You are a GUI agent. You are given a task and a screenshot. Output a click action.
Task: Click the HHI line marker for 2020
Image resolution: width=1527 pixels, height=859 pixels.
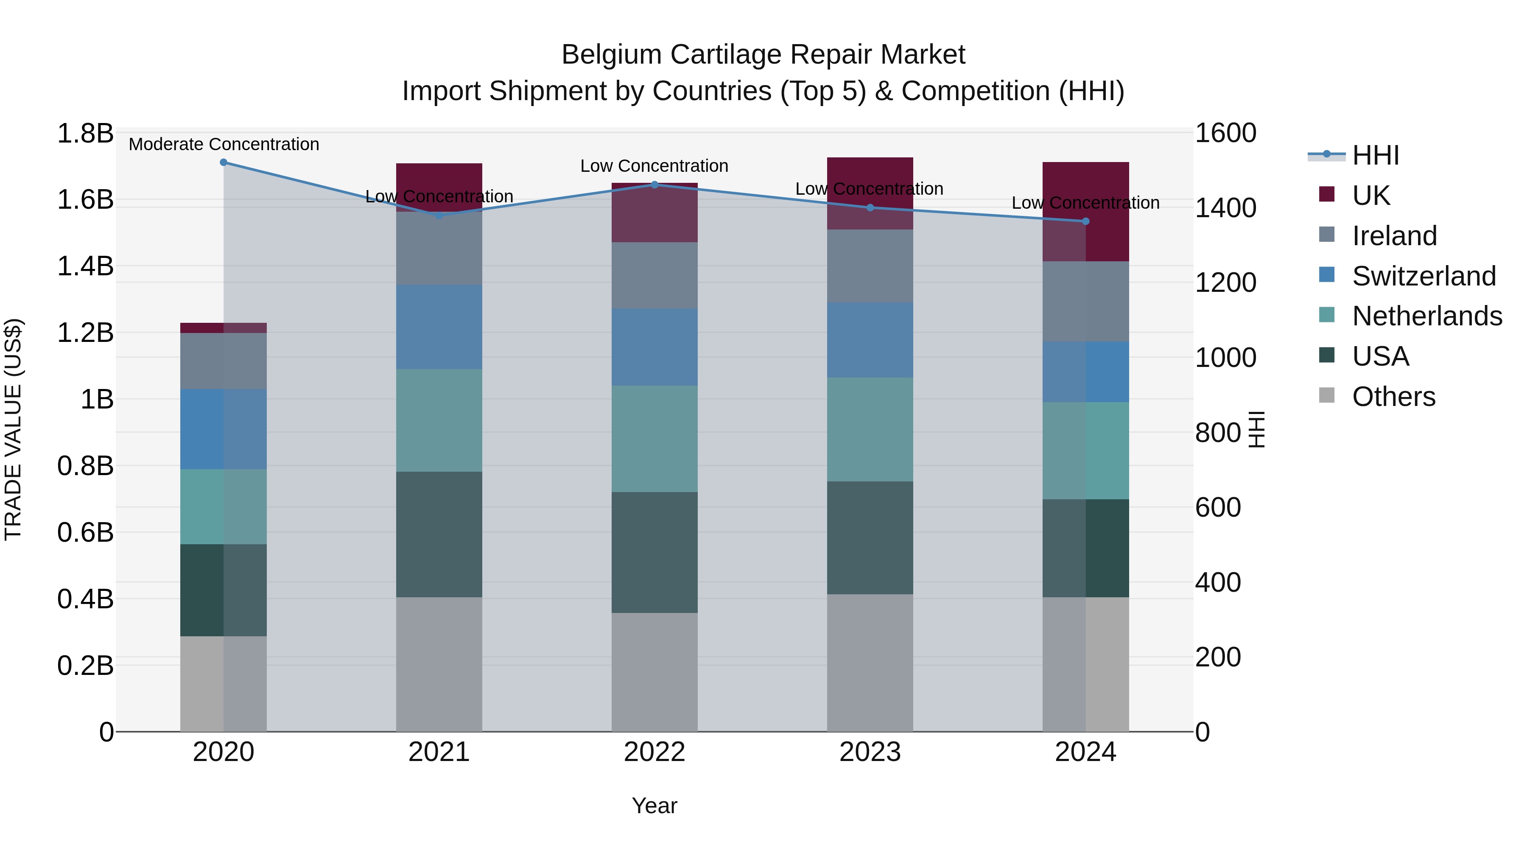click(x=224, y=162)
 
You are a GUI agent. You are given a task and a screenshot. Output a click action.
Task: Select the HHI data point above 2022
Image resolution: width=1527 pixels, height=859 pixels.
click(x=654, y=185)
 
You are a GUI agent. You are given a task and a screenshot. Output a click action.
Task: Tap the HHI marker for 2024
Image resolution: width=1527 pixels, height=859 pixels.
click(x=1085, y=221)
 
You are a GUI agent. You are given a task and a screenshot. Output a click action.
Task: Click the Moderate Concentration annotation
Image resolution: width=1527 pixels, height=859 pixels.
click(x=224, y=145)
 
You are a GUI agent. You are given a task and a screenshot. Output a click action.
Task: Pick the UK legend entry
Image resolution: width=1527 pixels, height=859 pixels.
click(x=1370, y=196)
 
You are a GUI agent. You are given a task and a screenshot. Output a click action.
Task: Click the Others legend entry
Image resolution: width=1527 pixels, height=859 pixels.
click(x=1393, y=397)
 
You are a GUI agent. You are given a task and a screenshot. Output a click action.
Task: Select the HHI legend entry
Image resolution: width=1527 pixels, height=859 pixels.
click(x=1375, y=155)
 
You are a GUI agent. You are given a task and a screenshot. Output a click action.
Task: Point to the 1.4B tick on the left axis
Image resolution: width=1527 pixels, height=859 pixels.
click(x=85, y=266)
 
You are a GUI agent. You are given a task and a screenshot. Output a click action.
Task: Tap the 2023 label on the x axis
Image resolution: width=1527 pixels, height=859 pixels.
click(x=870, y=752)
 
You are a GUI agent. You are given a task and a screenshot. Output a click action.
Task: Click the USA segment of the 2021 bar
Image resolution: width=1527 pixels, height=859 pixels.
click(x=439, y=534)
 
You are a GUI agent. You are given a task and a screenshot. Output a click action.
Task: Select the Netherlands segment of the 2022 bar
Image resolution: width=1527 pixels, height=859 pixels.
click(x=654, y=439)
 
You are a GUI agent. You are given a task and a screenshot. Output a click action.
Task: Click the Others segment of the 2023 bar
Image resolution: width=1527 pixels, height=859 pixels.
click(x=870, y=663)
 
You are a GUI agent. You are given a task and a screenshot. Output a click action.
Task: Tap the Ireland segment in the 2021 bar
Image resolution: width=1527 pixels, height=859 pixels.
click(x=439, y=248)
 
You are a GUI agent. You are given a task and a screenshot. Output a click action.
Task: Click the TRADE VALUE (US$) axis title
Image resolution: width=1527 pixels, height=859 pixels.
click(x=13, y=429)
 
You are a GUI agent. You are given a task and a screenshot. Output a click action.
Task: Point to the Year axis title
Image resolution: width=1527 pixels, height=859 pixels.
click(x=654, y=806)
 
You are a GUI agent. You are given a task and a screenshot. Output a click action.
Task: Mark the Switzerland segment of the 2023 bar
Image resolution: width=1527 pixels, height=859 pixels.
click(x=870, y=340)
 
